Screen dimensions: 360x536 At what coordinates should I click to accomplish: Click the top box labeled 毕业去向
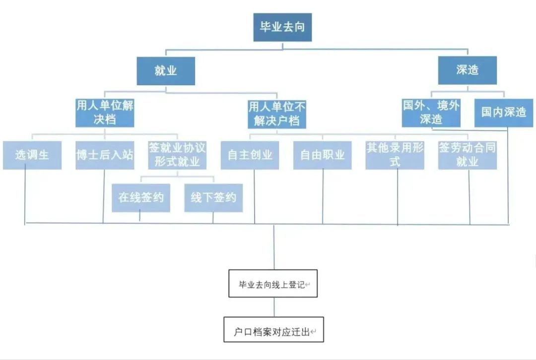pyautogui.click(x=282, y=27)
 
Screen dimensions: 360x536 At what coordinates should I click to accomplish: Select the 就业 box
pyautogui.click(x=166, y=71)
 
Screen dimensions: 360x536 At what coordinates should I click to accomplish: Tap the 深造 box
pyautogui.click(x=467, y=70)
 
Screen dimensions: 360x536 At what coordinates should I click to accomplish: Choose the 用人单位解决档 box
pyautogui.click(x=105, y=113)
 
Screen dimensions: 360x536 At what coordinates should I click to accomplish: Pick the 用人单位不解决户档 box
pyautogui.click(x=277, y=114)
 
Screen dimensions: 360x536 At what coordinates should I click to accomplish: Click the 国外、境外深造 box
pyautogui.click(x=431, y=113)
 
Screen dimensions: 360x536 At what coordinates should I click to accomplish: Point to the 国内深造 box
pyautogui.click(x=503, y=113)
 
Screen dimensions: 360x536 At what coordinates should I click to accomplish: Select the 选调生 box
pyautogui.click(x=32, y=155)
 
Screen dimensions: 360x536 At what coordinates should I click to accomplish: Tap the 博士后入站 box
pyautogui.click(x=105, y=155)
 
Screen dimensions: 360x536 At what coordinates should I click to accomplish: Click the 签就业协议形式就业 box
pyautogui.click(x=177, y=155)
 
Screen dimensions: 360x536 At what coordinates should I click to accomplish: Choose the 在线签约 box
pyautogui.click(x=141, y=198)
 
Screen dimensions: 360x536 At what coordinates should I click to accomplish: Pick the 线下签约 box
pyautogui.click(x=213, y=198)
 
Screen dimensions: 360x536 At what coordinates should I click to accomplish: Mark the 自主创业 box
pyautogui.click(x=250, y=155)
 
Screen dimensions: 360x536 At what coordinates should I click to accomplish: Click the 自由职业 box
pyautogui.click(x=322, y=155)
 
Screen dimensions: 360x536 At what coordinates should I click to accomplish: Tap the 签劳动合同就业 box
pyautogui.click(x=467, y=155)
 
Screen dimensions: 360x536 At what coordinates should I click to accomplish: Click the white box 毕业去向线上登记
pyautogui.click(x=272, y=284)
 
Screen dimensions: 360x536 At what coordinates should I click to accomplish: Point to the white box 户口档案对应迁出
pyautogui.click(x=273, y=330)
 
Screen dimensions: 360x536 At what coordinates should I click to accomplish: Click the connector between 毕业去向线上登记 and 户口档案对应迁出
pyautogui.click(x=273, y=307)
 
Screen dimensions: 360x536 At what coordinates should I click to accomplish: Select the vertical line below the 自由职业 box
pyautogui.click(x=323, y=196)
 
